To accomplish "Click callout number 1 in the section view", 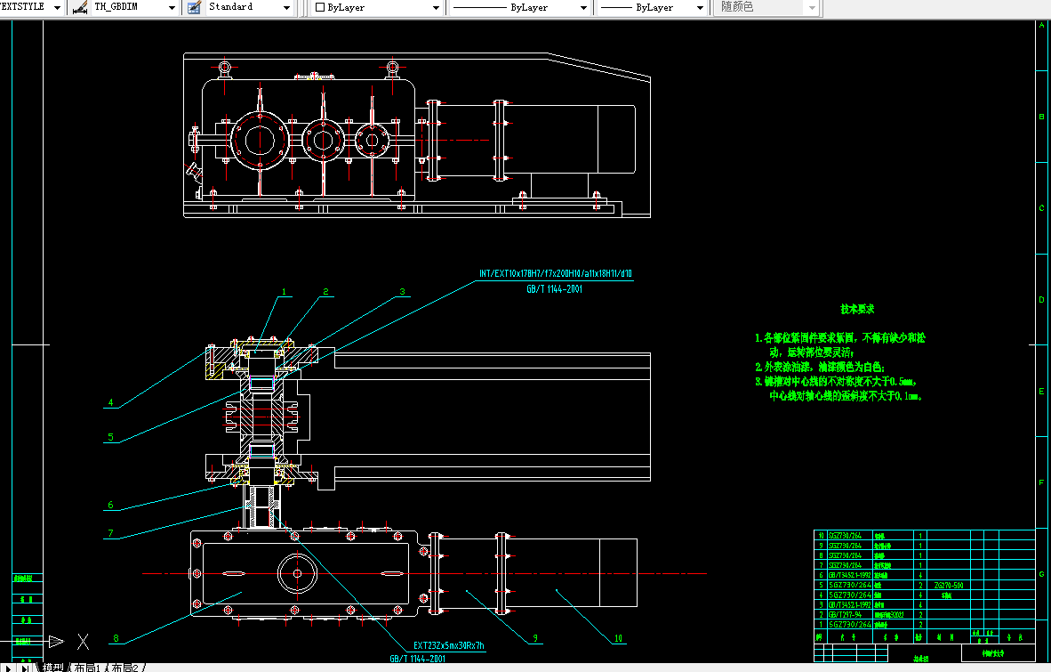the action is (285, 292).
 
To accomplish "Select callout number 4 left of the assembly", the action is (110, 403).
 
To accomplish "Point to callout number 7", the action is (110, 534).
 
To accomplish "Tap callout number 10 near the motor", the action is (620, 638).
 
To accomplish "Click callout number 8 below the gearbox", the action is (115, 638).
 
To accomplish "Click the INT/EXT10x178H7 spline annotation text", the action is (555, 274).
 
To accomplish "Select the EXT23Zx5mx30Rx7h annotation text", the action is (449, 645).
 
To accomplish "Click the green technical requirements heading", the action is (857, 310).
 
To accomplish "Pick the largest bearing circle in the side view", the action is (259, 139).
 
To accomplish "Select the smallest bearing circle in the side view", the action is (372, 139).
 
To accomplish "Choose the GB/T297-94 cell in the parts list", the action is (849, 614).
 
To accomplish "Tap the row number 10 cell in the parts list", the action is (821, 536).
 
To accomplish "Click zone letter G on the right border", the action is (1041, 575).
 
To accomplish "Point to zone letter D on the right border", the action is (1041, 300).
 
